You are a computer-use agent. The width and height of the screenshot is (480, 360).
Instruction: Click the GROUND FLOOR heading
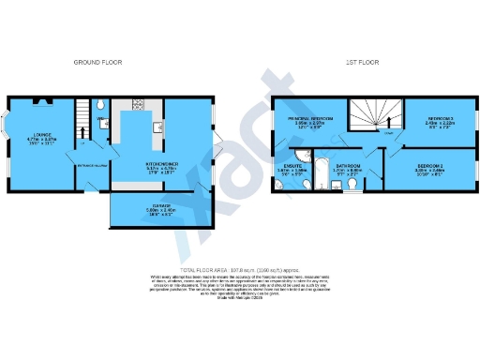97,62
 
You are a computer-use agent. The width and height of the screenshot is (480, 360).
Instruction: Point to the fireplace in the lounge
38,99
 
